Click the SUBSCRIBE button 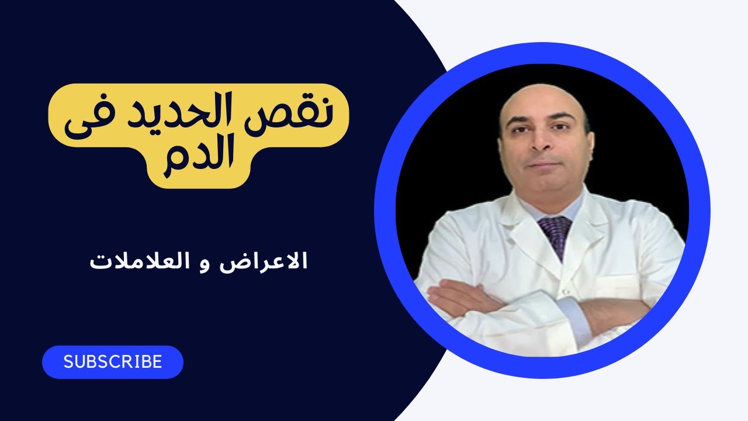[113, 362]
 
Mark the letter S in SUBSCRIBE [68, 363]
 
